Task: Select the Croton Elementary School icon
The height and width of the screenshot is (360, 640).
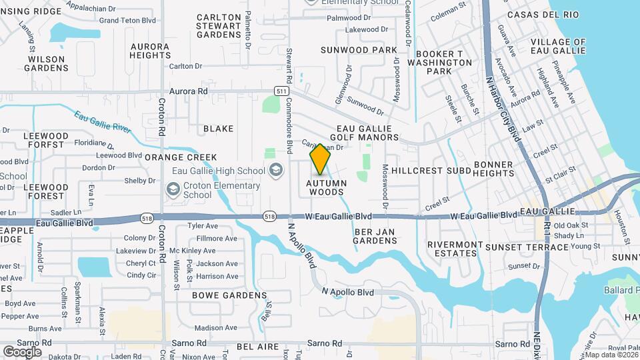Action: (173, 191)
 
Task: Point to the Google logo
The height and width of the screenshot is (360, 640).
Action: (22, 351)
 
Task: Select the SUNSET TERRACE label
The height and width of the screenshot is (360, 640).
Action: (527, 247)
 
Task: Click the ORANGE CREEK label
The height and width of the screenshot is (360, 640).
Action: (181, 157)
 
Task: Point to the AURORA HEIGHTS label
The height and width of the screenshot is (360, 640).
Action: (150, 51)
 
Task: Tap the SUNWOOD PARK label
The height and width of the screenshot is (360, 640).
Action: (359, 50)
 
